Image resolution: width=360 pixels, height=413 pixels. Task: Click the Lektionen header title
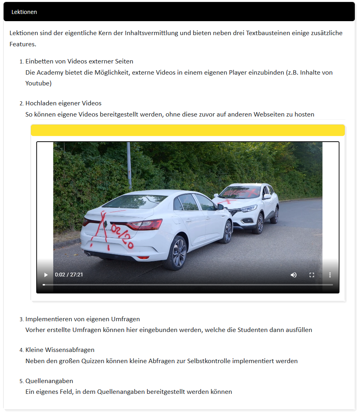(x=24, y=12)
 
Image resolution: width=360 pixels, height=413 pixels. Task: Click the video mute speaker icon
(x=293, y=275)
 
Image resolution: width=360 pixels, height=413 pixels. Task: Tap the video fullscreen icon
(x=312, y=275)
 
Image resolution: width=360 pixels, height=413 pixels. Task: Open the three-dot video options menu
(x=330, y=275)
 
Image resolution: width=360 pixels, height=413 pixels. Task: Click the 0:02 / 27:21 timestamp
(x=69, y=275)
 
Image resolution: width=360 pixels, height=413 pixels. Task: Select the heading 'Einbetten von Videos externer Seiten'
(x=79, y=61)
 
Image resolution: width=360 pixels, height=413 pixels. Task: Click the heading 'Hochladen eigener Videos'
(x=63, y=103)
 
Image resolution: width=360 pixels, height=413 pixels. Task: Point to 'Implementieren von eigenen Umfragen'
(x=83, y=319)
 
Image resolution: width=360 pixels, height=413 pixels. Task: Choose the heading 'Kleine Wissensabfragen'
(x=60, y=350)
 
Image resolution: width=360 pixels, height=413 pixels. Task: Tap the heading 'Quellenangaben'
(x=49, y=381)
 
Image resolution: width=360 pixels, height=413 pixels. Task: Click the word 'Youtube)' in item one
(x=38, y=83)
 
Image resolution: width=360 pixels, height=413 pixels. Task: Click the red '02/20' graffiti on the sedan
(x=122, y=236)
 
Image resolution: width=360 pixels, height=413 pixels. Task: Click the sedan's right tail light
(x=144, y=225)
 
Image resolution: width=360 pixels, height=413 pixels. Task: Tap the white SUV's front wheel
(x=258, y=223)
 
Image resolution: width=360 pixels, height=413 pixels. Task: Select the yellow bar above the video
(x=187, y=130)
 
